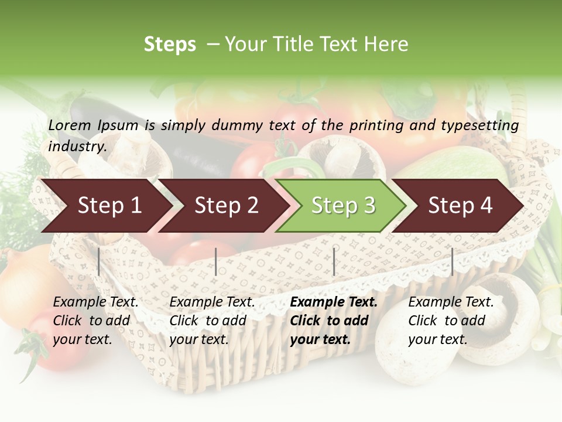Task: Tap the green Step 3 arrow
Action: tap(343, 206)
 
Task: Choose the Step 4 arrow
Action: tap(460, 206)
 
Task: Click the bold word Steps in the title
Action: tap(170, 45)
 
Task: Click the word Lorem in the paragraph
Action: tap(70, 125)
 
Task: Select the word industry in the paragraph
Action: tap(77, 146)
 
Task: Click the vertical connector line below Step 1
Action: tap(98, 261)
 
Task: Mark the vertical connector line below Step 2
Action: tap(216, 261)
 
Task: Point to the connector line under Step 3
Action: tap(334, 261)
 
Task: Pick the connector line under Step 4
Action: tap(452, 261)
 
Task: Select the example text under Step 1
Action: tap(95, 321)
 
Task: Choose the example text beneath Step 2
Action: tap(212, 321)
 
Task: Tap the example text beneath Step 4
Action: tap(451, 321)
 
